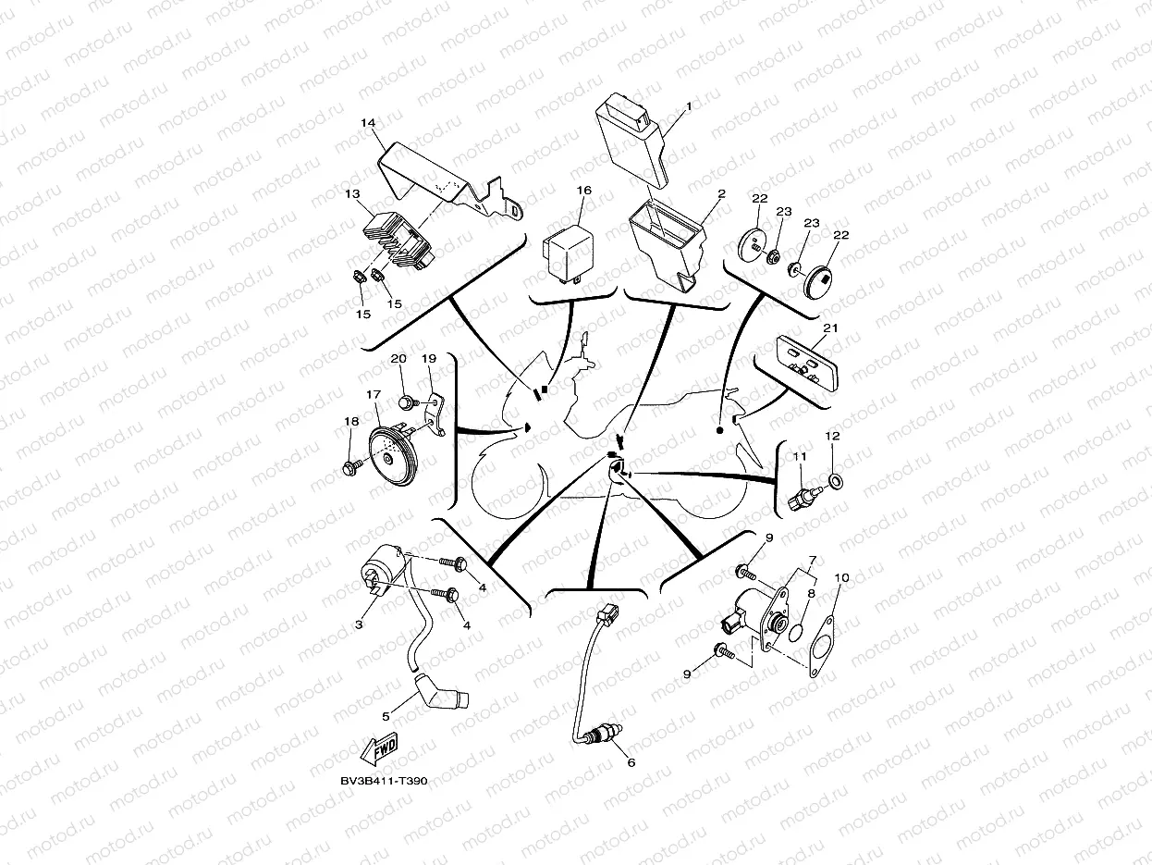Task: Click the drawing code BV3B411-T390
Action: click(x=384, y=782)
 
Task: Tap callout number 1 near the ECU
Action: click(x=688, y=107)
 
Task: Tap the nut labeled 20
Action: click(x=404, y=402)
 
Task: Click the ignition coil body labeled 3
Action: click(x=381, y=567)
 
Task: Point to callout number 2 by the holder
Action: click(x=721, y=194)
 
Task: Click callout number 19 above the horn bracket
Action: click(x=428, y=359)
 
